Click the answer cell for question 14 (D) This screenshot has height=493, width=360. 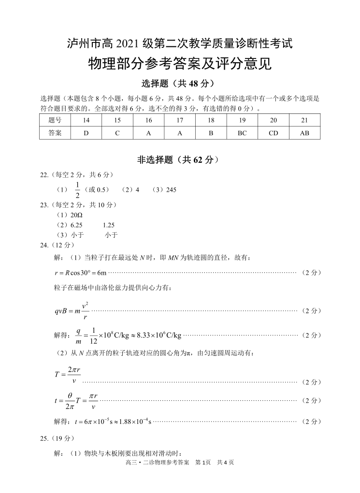(86, 133)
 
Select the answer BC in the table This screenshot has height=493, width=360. (242, 133)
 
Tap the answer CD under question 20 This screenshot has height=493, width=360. (274, 133)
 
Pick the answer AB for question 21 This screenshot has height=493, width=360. (304, 133)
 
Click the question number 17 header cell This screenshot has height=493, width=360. (180, 120)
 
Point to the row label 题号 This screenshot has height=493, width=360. (55, 120)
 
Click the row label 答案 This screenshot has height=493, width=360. (55, 133)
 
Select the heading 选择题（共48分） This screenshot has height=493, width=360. (179, 84)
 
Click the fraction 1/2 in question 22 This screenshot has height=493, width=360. (77, 189)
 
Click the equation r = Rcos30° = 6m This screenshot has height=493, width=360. (80, 273)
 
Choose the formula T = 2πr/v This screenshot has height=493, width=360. (68, 374)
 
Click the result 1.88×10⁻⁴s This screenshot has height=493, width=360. (131, 422)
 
